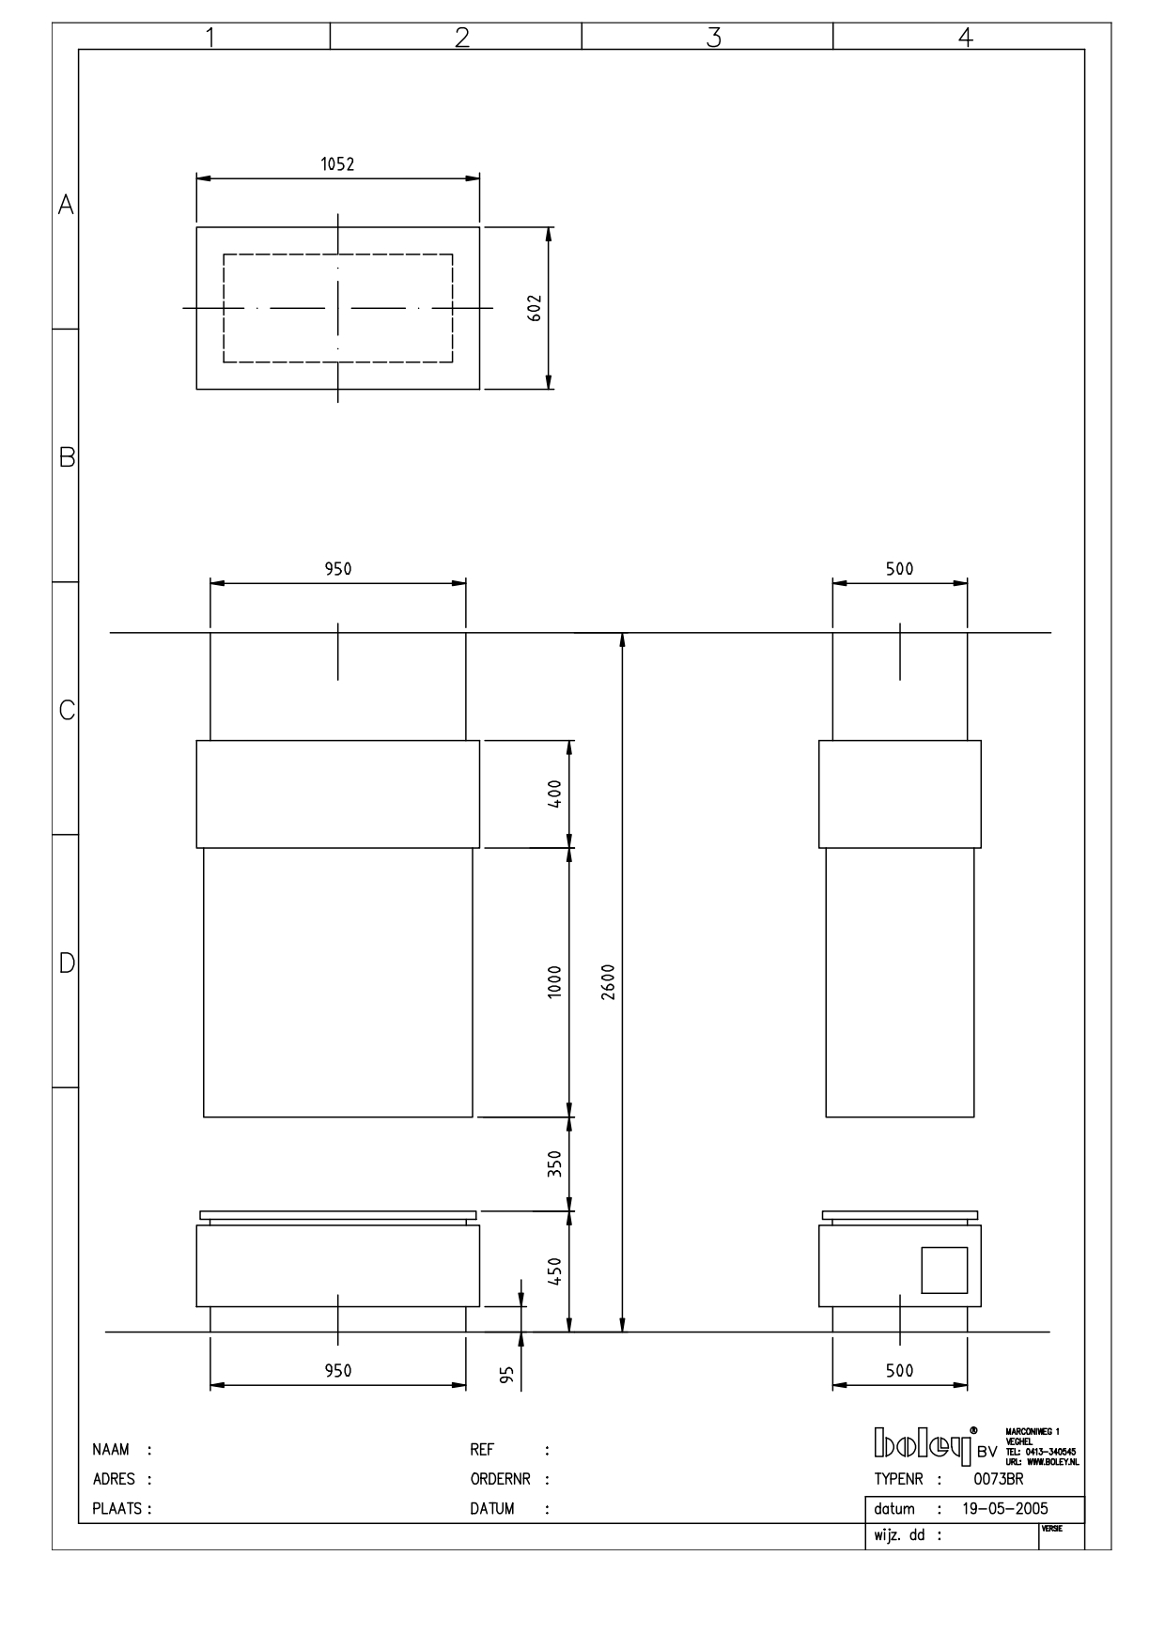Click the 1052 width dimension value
point(337,164)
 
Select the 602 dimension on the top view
point(535,308)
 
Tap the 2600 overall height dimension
point(608,982)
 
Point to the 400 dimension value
point(554,794)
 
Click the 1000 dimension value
point(554,982)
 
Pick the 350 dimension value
point(554,1164)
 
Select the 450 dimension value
point(554,1272)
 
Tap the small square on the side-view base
point(943,1270)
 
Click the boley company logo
point(923,1447)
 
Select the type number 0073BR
point(999,1479)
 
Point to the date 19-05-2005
point(1005,1509)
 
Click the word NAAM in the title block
point(111,1450)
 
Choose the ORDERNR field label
point(500,1479)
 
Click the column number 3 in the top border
point(714,38)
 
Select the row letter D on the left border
point(67,963)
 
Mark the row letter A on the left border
point(66,205)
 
